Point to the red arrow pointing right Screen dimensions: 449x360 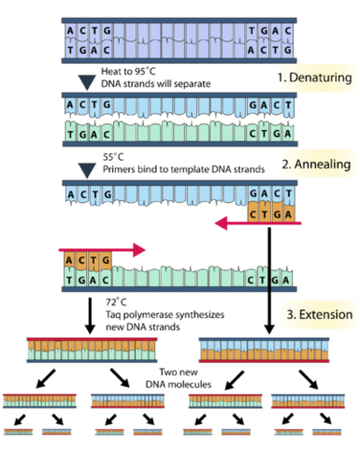point(103,249)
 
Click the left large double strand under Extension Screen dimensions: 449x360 point(92,349)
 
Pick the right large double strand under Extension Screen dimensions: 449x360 point(264,349)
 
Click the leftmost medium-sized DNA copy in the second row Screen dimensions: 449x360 point(39,400)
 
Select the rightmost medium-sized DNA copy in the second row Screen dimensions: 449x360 point(307,400)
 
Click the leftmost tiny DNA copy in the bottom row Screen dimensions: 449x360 point(20,432)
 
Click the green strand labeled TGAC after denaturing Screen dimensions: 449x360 point(178,137)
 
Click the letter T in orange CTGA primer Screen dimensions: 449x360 point(266,213)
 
